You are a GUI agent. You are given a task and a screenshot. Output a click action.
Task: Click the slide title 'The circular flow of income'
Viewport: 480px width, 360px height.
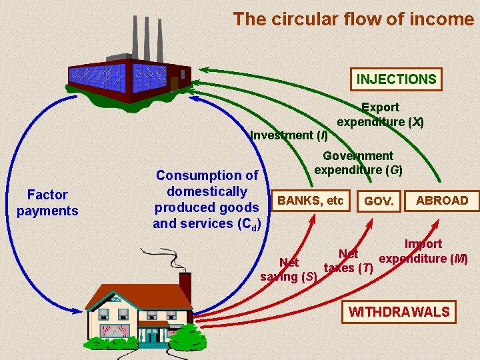pos(353,19)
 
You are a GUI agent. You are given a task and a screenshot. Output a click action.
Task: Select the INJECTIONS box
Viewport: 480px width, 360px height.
pos(396,79)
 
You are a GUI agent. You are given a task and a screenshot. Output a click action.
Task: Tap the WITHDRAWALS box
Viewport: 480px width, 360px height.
pos(399,311)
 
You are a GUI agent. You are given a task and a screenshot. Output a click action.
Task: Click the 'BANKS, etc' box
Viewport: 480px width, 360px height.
pos(311,200)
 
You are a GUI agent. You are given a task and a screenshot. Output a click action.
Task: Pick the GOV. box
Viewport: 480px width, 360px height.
pos(379,201)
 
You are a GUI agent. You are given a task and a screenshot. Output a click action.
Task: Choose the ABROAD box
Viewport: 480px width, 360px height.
pos(442,200)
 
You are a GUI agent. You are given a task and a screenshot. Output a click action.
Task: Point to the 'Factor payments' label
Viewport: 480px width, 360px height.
pos(47,203)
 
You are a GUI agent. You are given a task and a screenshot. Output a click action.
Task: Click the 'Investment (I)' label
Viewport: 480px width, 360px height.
pos(289,135)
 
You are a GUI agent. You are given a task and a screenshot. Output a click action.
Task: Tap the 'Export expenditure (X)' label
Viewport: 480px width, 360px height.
pos(381,114)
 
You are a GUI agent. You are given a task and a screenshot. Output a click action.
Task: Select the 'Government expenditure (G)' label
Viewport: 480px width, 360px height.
pos(358,163)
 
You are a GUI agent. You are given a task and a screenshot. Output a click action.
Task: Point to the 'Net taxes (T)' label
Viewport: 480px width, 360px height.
pos(348,261)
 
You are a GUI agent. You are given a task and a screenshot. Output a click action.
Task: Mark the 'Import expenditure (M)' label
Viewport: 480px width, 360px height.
pos(423,251)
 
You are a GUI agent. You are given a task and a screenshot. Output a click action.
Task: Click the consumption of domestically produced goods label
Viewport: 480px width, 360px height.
pos(207,199)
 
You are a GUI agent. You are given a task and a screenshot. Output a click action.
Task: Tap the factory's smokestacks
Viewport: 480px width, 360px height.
pos(144,33)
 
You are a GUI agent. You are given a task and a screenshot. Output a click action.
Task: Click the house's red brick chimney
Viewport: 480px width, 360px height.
pos(185,285)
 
